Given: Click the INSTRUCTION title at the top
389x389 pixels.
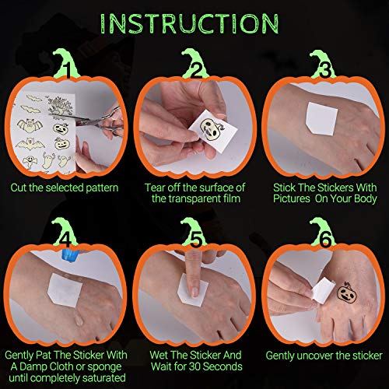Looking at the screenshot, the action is [190, 24].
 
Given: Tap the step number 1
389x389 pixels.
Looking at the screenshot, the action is [67, 70].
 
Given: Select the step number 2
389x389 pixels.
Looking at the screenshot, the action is [195, 69].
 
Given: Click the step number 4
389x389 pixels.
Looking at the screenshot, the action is [65, 239].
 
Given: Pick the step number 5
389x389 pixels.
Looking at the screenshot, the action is [195, 239].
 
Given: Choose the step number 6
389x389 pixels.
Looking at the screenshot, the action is [325, 239].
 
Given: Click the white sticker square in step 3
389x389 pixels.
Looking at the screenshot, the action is [321, 119].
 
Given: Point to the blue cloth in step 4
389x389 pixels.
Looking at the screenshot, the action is [70, 255].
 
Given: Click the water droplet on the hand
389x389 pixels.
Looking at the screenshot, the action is [79, 321].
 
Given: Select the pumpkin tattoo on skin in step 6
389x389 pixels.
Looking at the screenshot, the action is [347, 293].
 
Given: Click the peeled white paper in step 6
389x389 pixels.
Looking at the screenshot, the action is [321, 290].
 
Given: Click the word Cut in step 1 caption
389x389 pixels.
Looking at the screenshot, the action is [19, 187].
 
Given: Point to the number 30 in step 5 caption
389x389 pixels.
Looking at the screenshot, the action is [195, 366].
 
